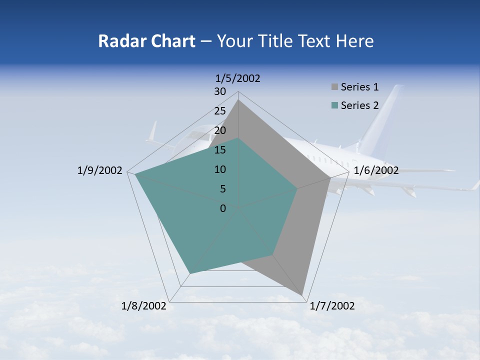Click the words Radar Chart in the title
click(146, 41)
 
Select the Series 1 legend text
click(359, 87)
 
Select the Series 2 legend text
click(359, 105)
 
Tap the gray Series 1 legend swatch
click(334, 87)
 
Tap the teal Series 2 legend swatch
click(334, 105)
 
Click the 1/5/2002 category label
click(238, 78)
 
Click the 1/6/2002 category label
click(376, 170)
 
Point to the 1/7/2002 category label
click(332, 306)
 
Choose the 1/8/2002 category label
click(144, 306)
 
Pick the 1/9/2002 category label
click(100, 170)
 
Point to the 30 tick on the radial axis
click(220, 91)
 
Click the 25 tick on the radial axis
click(220, 111)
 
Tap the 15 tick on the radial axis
click(220, 150)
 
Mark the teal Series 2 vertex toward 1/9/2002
click(135, 175)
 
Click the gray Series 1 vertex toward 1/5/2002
click(238, 100)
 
